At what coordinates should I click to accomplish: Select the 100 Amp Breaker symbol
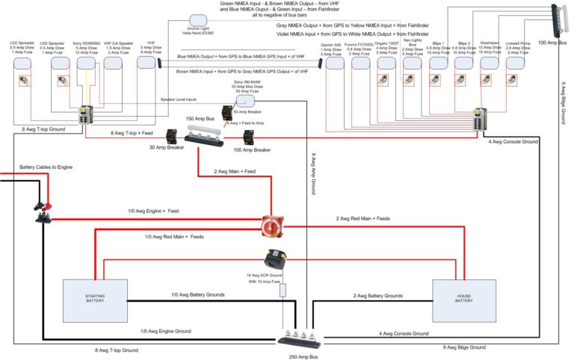tap(250, 137)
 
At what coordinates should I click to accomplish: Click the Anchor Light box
tap(199, 20)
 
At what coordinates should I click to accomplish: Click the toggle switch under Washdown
tap(489, 80)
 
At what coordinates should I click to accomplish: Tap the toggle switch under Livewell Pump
tap(514, 80)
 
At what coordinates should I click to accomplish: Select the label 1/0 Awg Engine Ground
tap(165, 330)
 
